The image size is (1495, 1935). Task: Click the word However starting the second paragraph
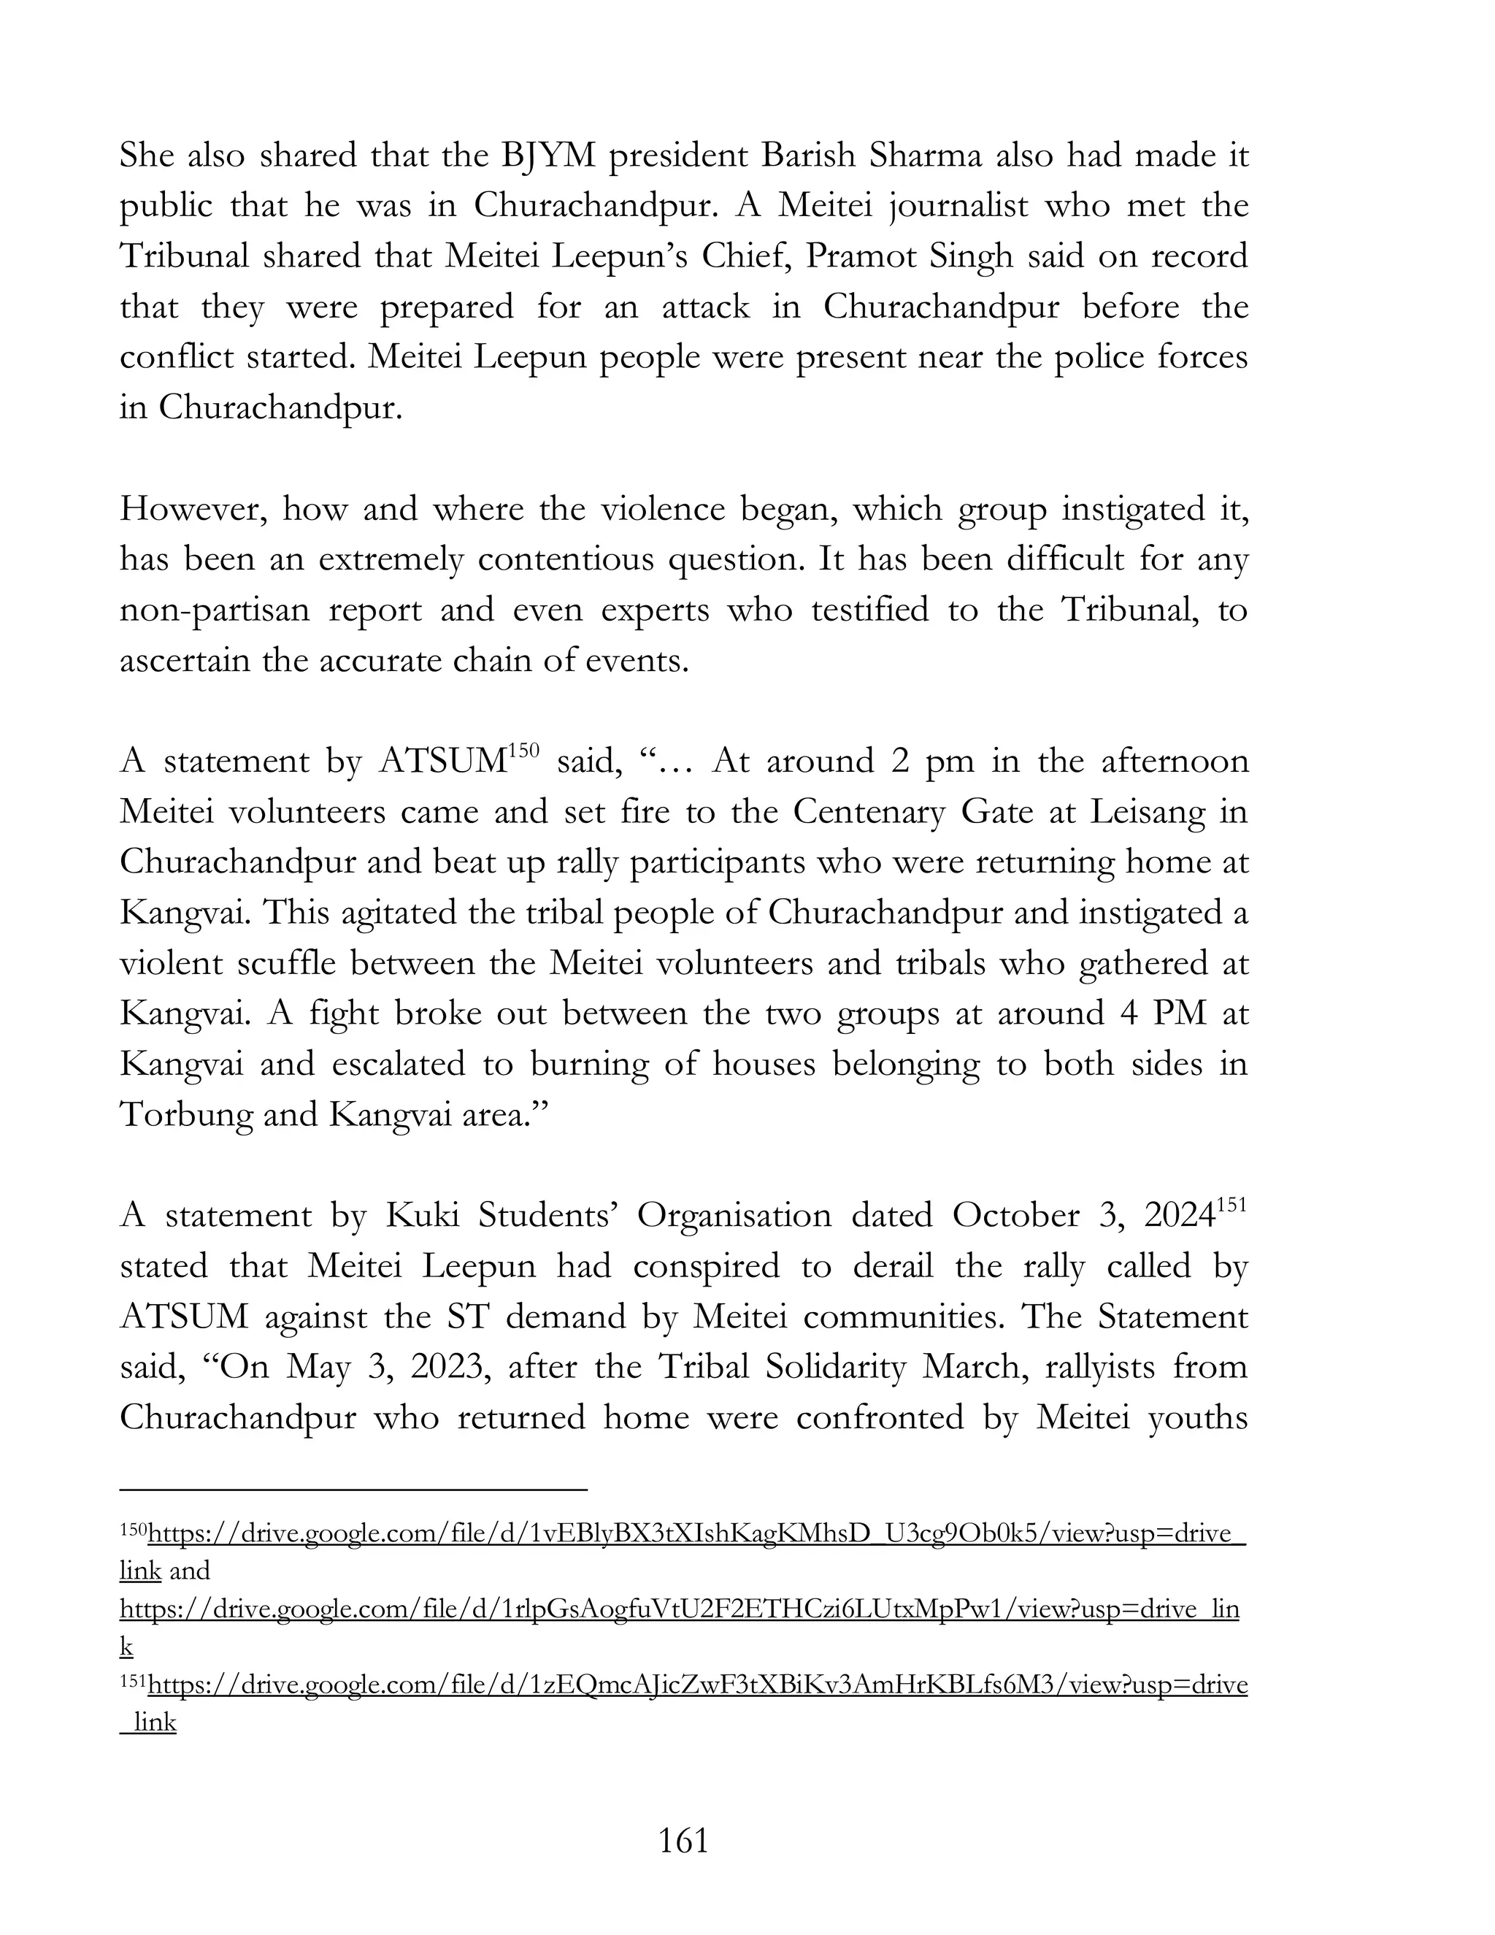[192, 510]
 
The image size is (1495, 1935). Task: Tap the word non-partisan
[215, 610]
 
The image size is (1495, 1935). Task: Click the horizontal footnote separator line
[353, 1490]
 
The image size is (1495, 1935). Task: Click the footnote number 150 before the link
[133, 1531]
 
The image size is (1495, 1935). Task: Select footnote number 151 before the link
[133, 1682]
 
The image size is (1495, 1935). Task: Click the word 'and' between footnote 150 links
[188, 1571]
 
